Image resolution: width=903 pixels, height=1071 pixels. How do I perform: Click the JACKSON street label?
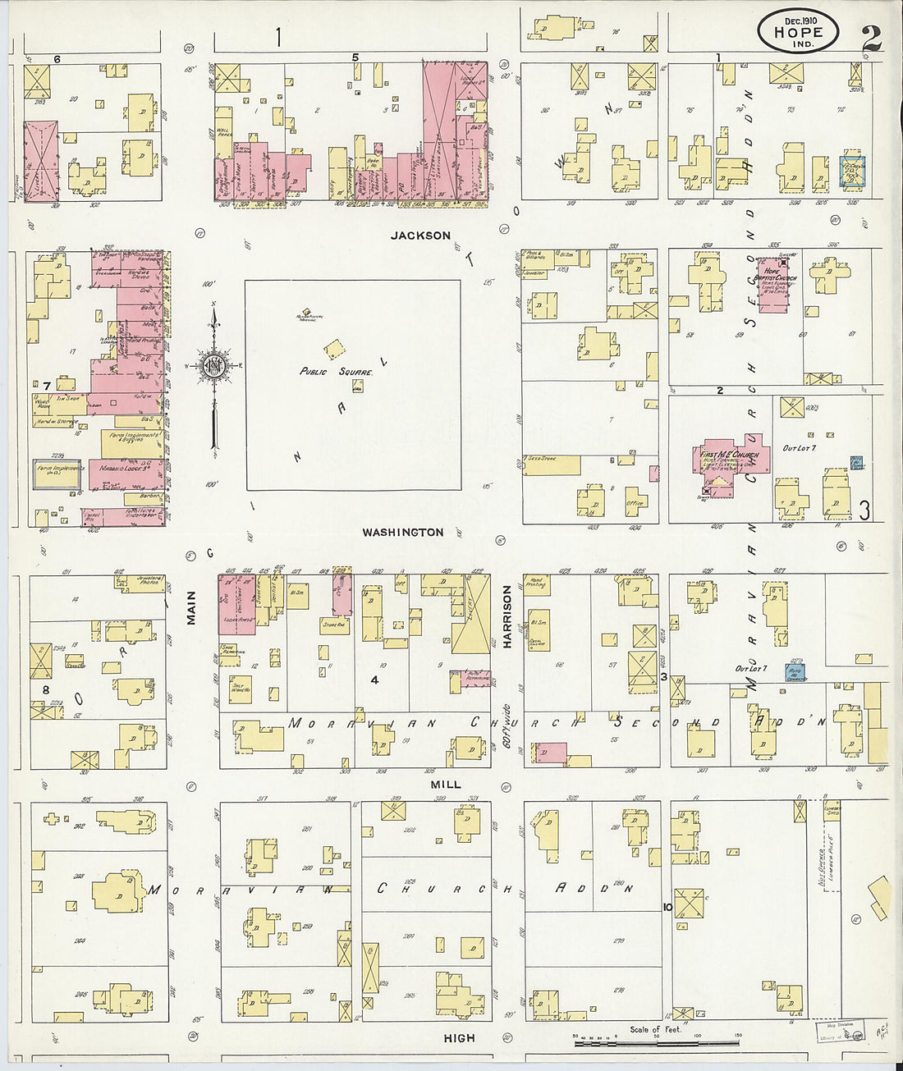pyautogui.click(x=420, y=236)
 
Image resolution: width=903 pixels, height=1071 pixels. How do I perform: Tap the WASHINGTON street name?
pyautogui.click(x=403, y=533)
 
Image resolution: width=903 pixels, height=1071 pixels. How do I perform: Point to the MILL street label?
pyautogui.click(x=446, y=785)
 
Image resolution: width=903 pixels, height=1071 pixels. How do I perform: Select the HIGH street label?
pyautogui.click(x=459, y=1038)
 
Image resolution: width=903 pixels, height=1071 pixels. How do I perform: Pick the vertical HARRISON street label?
pyautogui.click(x=507, y=617)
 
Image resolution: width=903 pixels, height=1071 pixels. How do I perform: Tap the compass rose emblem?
pyautogui.click(x=213, y=367)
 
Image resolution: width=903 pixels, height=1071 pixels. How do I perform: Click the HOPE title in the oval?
pyautogui.click(x=797, y=34)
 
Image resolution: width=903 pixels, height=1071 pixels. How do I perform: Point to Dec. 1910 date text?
pyautogui.click(x=797, y=19)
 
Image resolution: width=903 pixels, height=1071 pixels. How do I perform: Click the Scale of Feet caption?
pyautogui.click(x=655, y=1029)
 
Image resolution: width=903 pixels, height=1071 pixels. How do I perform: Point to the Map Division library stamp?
pyautogui.click(x=840, y=1031)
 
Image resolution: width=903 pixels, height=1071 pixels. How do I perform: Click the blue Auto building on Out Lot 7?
pyautogui.click(x=795, y=672)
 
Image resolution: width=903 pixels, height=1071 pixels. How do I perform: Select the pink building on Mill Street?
pyautogui.click(x=549, y=753)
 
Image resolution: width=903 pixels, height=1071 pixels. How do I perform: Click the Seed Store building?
pyautogui.click(x=551, y=465)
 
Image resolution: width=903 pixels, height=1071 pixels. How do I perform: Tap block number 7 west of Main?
pyautogui.click(x=48, y=386)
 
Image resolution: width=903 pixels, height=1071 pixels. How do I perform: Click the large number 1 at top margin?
pyautogui.click(x=279, y=37)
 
